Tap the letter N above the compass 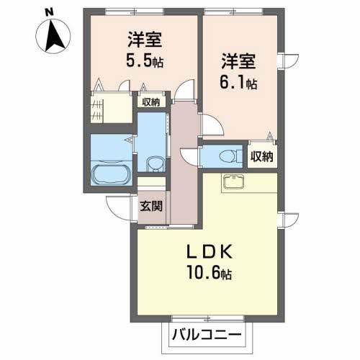pyautogui.click(x=48, y=12)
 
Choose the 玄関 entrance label pyautogui.click(x=152, y=204)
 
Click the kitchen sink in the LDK pyautogui.click(x=235, y=182)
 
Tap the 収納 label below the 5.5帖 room pyautogui.click(x=150, y=102)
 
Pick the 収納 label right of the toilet pyautogui.click(x=262, y=156)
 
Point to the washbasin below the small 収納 pyautogui.click(x=153, y=162)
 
